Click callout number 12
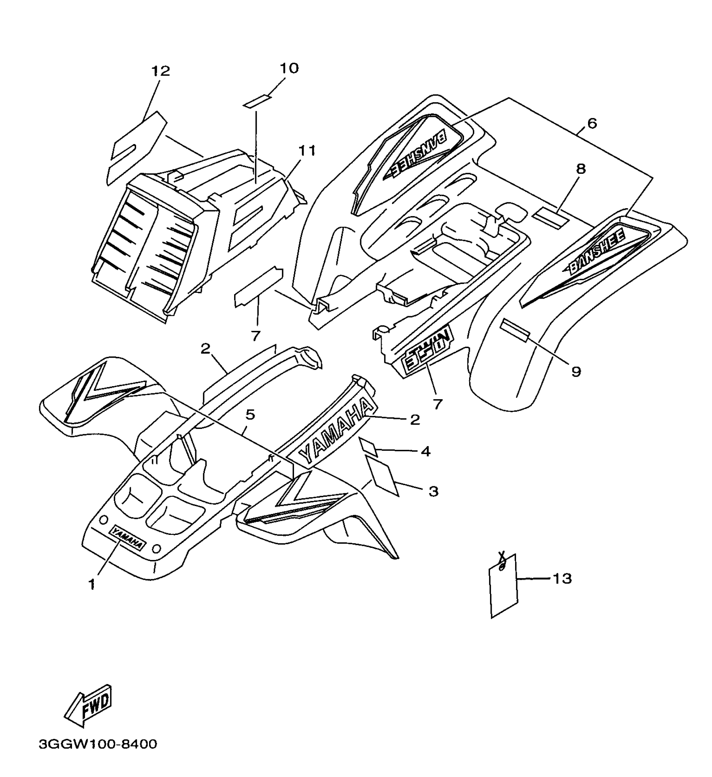point(161,71)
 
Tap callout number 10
point(289,68)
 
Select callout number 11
point(307,150)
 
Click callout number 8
point(581,169)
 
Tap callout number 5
point(250,415)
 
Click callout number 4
point(426,452)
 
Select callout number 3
point(433,491)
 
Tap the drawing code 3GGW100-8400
point(98,744)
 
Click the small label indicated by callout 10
point(257,102)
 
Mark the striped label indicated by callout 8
point(549,216)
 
